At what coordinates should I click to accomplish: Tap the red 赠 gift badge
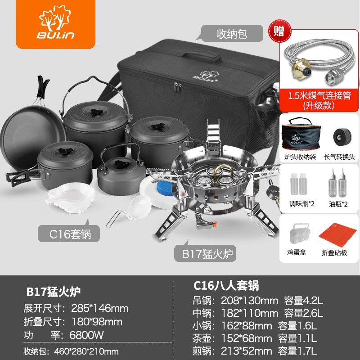(x=279, y=31)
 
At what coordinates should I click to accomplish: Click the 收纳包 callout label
(x=232, y=33)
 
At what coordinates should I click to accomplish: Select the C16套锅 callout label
(x=69, y=234)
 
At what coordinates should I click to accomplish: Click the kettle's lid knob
(x=121, y=164)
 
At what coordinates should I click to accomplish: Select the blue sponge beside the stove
(x=165, y=188)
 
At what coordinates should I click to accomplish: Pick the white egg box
(x=298, y=234)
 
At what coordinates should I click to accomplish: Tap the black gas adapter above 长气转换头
(x=342, y=137)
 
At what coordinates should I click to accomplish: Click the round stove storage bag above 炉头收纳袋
(x=301, y=134)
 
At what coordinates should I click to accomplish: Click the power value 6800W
(x=86, y=335)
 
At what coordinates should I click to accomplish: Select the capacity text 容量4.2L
(x=303, y=301)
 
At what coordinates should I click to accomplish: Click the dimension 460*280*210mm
(x=86, y=351)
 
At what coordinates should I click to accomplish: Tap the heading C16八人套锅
(x=226, y=286)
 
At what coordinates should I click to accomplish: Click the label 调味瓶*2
(x=301, y=203)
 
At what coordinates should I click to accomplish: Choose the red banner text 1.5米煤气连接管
(x=319, y=95)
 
